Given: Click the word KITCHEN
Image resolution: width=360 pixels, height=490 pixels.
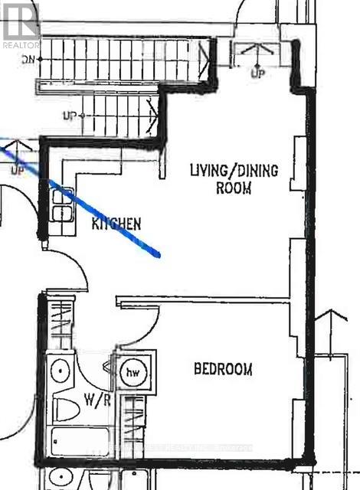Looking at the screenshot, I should tap(116, 224).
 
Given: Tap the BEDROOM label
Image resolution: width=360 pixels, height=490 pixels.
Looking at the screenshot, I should tap(223, 369).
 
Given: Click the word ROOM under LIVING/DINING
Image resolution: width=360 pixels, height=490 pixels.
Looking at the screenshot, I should tap(234, 188).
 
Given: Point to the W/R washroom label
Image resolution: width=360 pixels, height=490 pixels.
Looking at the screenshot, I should tap(93, 399).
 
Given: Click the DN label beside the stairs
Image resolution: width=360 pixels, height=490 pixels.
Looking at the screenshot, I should tap(30, 58).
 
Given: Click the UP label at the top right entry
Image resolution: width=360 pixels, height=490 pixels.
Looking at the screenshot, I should tap(259, 73).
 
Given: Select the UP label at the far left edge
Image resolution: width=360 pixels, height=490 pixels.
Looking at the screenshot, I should tap(17, 170).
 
